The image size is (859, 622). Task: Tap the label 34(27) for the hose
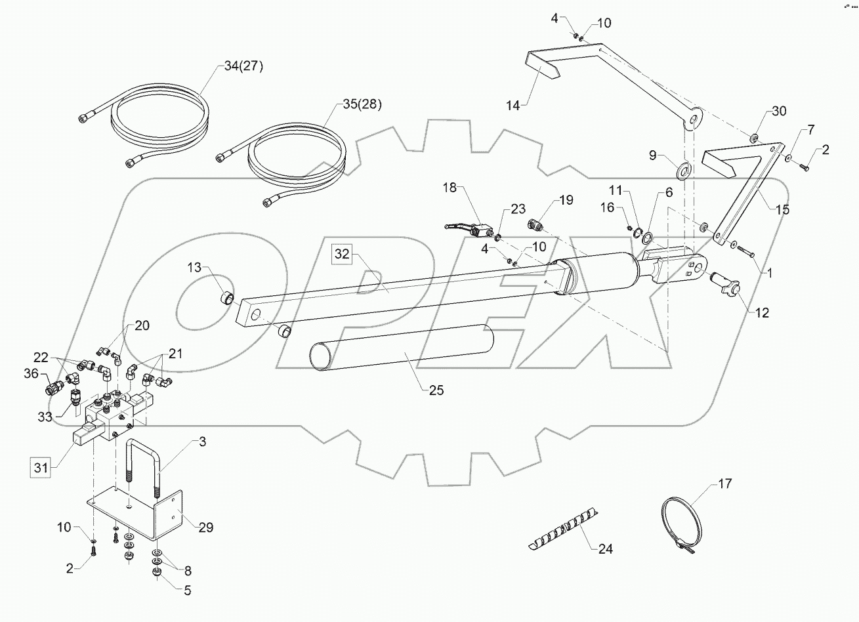click(x=238, y=66)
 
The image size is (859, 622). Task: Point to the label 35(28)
click(x=362, y=104)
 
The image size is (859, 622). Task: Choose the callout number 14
click(x=514, y=105)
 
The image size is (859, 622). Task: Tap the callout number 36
click(x=31, y=374)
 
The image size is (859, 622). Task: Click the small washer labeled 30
click(x=754, y=138)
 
